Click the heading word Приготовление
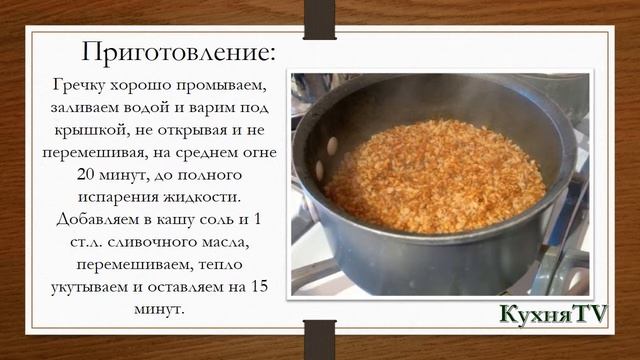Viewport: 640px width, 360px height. (x=177, y=51)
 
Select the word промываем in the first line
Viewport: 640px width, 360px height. (x=223, y=84)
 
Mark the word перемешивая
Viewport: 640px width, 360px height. (x=91, y=152)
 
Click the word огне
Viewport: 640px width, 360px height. (x=259, y=152)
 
